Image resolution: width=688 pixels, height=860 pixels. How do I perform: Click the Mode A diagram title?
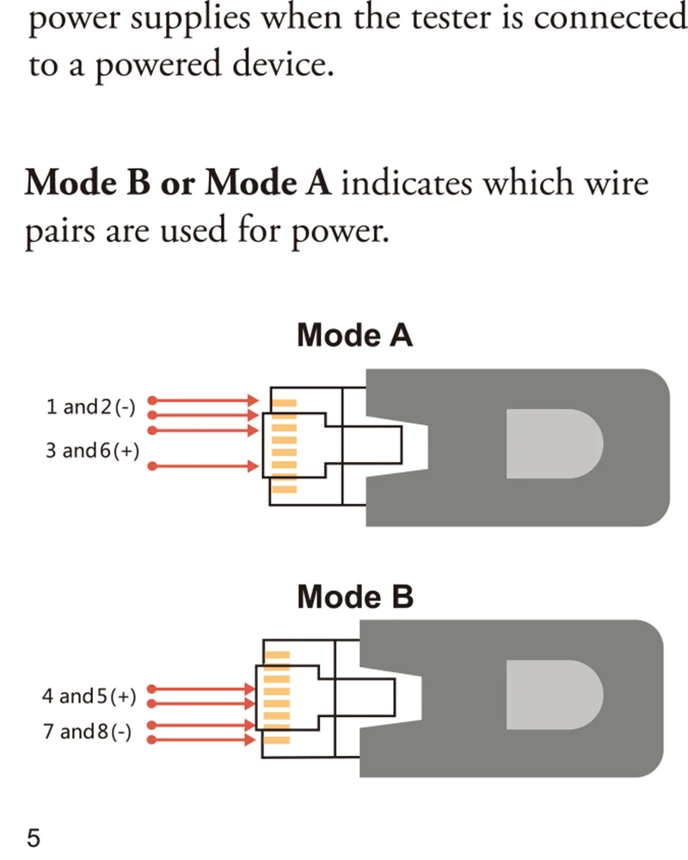point(354,336)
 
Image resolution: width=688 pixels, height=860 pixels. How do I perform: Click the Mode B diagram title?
point(354,596)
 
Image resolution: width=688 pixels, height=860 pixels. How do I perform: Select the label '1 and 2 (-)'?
point(91,407)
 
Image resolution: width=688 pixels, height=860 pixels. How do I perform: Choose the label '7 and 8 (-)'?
point(87,732)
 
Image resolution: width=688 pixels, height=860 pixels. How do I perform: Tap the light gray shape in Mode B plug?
point(554,694)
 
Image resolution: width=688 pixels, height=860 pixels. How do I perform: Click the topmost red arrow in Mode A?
point(205,400)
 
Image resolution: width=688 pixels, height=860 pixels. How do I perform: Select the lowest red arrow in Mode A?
point(205,467)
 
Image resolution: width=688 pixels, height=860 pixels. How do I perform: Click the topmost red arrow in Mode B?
point(203,689)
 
